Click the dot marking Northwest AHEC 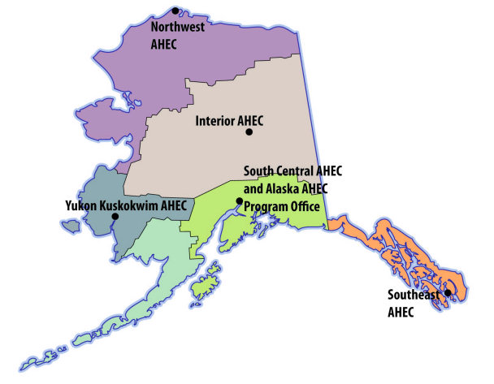click(x=175, y=11)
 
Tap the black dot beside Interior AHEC click(x=249, y=132)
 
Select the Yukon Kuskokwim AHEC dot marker click(x=115, y=217)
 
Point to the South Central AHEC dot click(x=239, y=201)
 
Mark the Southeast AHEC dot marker click(x=448, y=292)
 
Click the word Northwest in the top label click(x=178, y=27)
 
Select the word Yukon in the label click(x=80, y=206)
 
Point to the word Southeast click(x=412, y=296)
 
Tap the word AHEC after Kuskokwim click(x=174, y=206)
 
